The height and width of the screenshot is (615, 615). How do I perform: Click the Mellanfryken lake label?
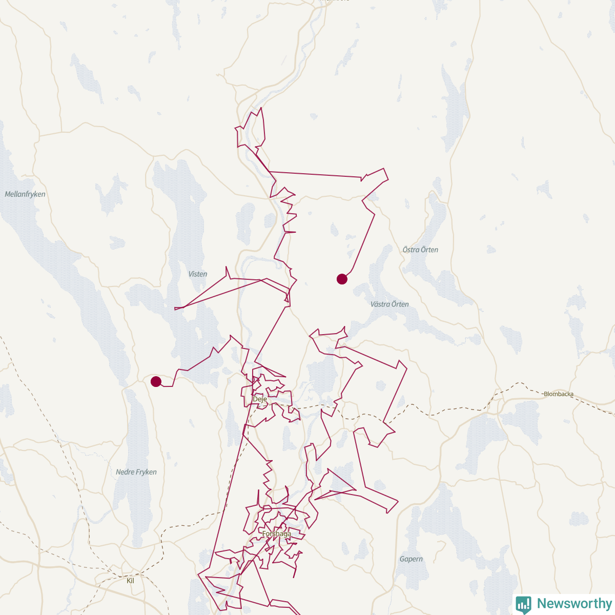pyautogui.click(x=25, y=194)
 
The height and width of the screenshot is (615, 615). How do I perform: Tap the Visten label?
pyautogui.click(x=198, y=274)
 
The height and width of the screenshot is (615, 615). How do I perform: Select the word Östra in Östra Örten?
pyautogui.click(x=411, y=250)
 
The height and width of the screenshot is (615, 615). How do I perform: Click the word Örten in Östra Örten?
pyautogui.click(x=429, y=250)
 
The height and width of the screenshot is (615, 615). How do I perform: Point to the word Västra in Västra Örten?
pyautogui.click(x=380, y=304)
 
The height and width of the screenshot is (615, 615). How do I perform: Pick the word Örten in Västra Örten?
pyautogui.click(x=400, y=304)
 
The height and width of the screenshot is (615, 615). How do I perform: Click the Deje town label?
pyautogui.click(x=260, y=399)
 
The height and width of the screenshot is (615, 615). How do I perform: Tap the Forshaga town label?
pyautogui.click(x=277, y=534)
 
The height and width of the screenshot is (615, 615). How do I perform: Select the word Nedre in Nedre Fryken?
pyautogui.click(x=125, y=472)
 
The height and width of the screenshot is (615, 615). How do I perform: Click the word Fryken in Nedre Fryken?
pyautogui.click(x=147, y=472)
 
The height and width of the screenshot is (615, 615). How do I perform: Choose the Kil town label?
pyautogui.click(x=130, y=581)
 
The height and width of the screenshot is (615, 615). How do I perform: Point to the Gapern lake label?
pyautogui.click(x=411, y=559)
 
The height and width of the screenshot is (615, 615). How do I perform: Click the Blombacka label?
pyautogui.click(x=559, y=394)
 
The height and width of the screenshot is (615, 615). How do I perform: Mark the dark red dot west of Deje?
pyautogui.click(x=156, y=381)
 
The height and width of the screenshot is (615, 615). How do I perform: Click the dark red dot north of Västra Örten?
pyautogui.click(x=342, y=279)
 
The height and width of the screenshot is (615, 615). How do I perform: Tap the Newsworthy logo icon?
pyautogui.click(x=524, y=604)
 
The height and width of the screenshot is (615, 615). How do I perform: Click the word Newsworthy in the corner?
pyautogui.click(x=574, y=604)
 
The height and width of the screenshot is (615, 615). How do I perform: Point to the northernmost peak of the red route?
pyautogui.click(x=261, y=108)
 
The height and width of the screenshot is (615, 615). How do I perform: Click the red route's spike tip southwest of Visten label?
pyautogui.click(x=175, y=309)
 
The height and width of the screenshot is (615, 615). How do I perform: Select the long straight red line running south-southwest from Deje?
pyautogui.click(x=231, y=487)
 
